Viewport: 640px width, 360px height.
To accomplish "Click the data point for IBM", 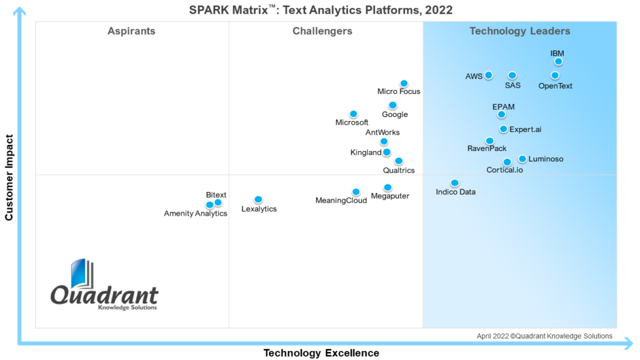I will (x=558, y=61).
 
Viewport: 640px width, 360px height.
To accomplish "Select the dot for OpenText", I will (x=555, y=75).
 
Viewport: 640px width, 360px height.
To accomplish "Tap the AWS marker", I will (x=488, y=75).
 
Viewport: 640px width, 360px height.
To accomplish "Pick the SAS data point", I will (x=513, y=75).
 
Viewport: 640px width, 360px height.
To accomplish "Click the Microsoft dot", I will (x=353, y=114).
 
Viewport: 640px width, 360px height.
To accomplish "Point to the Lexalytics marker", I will (x=258, y=199).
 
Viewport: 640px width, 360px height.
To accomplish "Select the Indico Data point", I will (x=455, y=183).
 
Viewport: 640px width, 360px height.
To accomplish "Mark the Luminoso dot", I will (x=522, y=159).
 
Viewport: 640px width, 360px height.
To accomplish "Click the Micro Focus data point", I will (x=404, y=83).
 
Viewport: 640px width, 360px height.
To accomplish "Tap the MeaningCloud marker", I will (x=356, y=192).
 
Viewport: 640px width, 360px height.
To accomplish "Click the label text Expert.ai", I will (x=525, y=129).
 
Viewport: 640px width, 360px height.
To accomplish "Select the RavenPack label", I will (x=487, y=149).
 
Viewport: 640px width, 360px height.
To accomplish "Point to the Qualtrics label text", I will (x=398, y=171).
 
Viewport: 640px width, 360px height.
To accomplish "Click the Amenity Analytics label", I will (x=195, y=214).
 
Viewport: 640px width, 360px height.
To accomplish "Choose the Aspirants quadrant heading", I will (x=131, y=31).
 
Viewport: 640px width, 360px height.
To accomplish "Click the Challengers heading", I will (x=322, y=31).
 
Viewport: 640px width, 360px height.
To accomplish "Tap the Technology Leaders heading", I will (x=520, y=31).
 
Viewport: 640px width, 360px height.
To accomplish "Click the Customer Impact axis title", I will (x=9, y=177).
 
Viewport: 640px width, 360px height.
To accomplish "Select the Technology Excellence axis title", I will (x=321, y=353).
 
